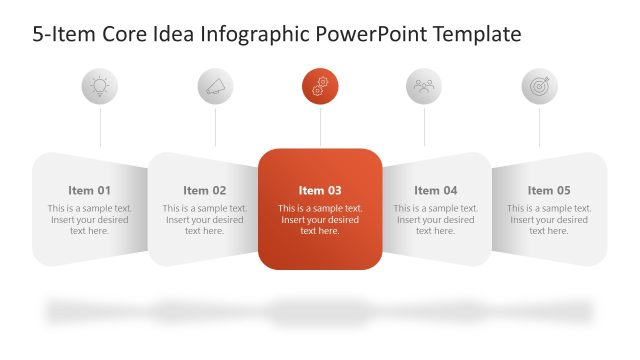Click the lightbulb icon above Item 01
click(100, 87)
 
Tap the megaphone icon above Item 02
click(215, 87)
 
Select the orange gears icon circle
click(320, 87)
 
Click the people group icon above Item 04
click(424, 87)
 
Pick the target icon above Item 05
click(539, 87)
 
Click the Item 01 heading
click(90, 190)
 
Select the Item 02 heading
click(205, 190)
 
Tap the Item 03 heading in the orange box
click(320, 190)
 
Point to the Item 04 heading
click(435, 190)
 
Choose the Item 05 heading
click(549, 190)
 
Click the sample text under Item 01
click(90, 219)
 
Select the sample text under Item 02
click(205, 219)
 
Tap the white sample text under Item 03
click(320, 219)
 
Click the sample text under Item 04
click(435, 219)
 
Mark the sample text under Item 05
click(549, 219)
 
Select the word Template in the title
click(474, 35)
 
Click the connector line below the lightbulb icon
click(100, 128)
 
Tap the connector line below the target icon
click(539, 128)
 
